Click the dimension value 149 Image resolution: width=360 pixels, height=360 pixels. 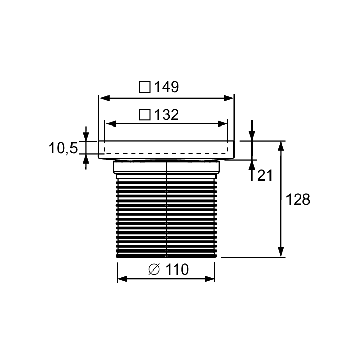tap(167, 87)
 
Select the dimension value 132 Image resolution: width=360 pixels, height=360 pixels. tap(167, 115)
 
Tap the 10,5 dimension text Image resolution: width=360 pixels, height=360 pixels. tap(63, 148)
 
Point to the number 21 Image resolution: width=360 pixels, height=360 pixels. tap(265, 175)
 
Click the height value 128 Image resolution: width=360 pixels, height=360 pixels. tap(298, 200)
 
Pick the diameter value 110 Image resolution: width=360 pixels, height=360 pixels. tap(177, 269)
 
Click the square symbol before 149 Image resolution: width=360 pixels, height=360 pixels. tap(145, 87)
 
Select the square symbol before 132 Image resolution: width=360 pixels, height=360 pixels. tap(145, 115)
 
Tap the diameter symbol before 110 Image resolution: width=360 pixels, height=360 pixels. tap(154, 269)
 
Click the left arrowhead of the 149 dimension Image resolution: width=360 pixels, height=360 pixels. tap(105, 99)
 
